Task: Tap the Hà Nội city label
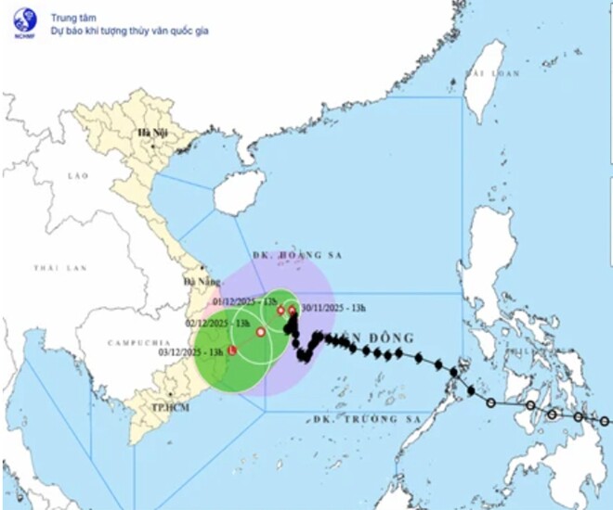tap(150, 134)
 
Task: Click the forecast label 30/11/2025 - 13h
tap(333, 309)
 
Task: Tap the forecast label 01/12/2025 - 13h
tap(244, 302)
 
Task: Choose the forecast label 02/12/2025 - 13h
tap(218, 323)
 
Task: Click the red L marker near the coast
tap(232, 351)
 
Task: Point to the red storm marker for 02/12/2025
tap(261, 331)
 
